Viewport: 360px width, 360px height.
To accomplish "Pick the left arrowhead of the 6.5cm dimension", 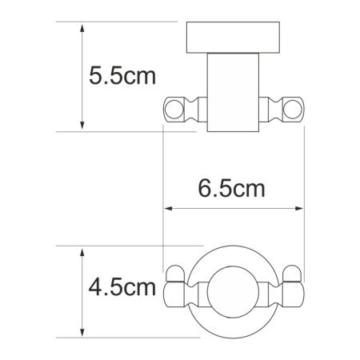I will coord(168,210).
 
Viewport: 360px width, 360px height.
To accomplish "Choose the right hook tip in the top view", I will coord(298,286).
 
